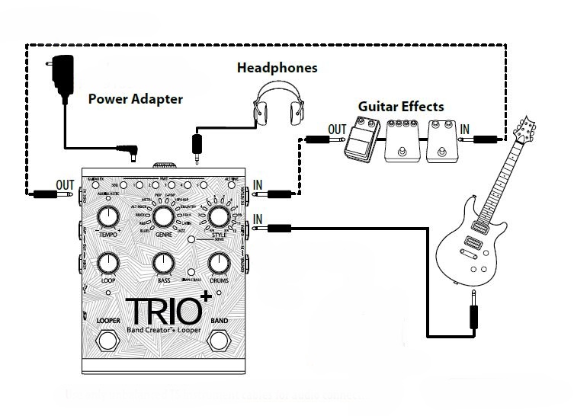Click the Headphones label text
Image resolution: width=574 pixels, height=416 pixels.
tap(277, 69)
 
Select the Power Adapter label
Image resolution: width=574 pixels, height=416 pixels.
tap(135, 99)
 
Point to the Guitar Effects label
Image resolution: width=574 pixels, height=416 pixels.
tap(401, 107)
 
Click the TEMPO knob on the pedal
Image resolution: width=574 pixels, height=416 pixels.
tap(107, 219)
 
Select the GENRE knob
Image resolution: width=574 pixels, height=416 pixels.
tap(162, 217)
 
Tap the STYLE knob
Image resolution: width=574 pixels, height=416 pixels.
tap(219, 218)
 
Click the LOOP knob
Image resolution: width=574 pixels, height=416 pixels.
tap(108, 264)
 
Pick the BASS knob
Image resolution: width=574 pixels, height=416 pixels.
tap(162, 264)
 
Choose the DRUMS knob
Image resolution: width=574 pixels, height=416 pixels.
tap(219, 264)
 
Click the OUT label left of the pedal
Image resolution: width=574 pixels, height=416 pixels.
tap(66, 185)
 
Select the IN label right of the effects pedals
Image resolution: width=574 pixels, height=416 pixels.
tap(465, 129)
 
